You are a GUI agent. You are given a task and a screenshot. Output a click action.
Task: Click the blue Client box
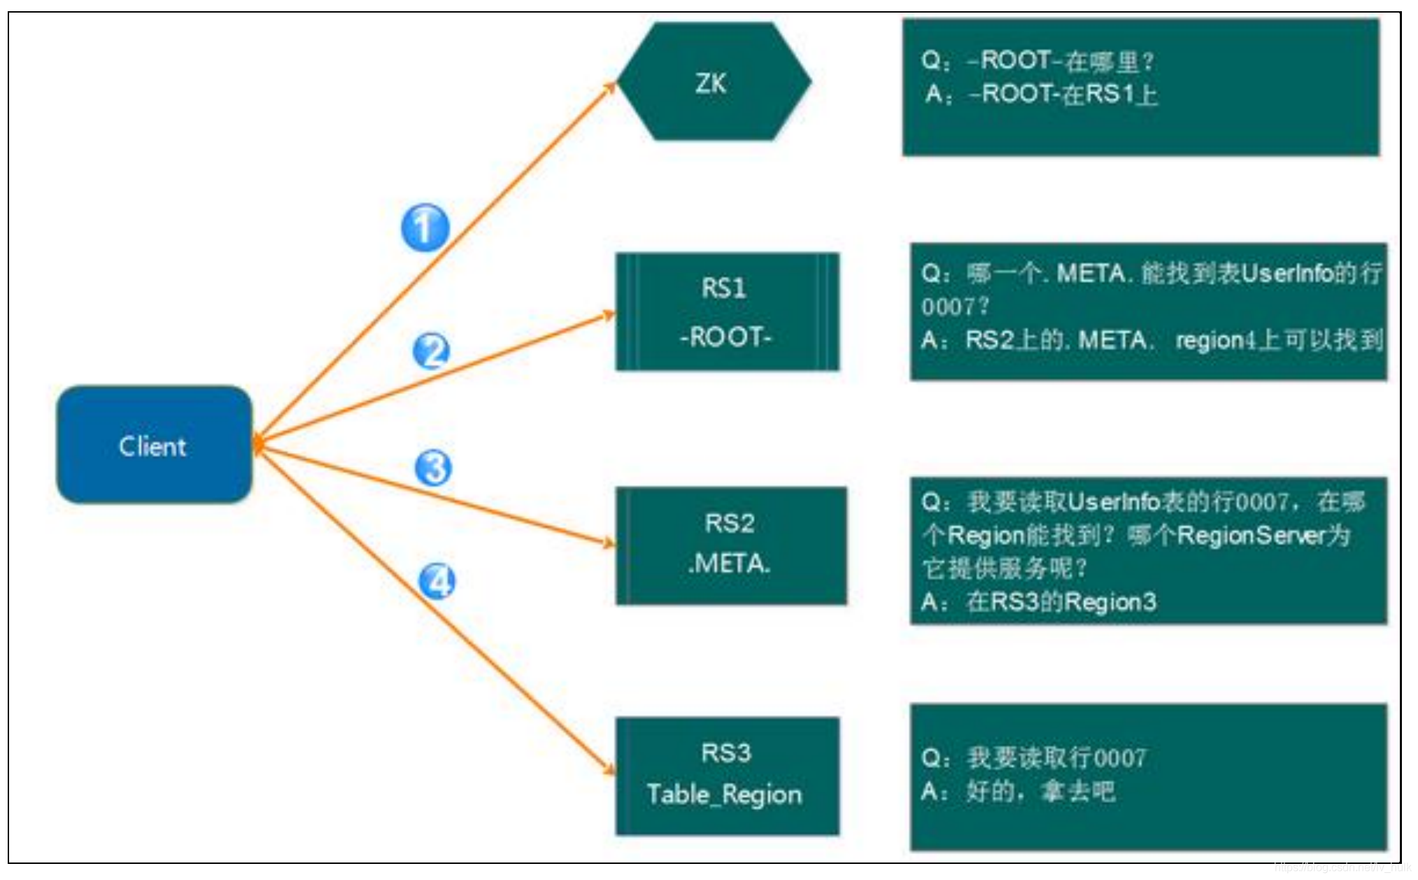click(154, 445)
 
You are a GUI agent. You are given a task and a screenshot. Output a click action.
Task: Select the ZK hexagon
click(712, 82)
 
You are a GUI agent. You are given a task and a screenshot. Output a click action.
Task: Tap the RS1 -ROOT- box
click(726, 312)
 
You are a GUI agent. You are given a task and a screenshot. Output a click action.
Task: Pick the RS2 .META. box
click(730, 545)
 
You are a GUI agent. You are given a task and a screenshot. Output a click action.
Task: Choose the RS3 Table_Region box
click(726, 776)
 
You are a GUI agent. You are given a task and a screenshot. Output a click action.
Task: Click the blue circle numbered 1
click(425, 228)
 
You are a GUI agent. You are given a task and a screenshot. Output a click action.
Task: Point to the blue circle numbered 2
click(431, 351)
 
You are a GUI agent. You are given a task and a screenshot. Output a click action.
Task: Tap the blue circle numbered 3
click(434, 468)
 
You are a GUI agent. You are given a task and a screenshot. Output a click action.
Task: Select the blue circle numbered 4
click(437, 581)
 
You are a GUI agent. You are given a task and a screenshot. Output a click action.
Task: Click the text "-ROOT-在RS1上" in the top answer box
click(1063, 94)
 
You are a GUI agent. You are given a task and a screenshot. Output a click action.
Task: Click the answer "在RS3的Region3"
click(1061, 602)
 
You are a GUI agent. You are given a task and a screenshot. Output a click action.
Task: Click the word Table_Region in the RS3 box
click(724, 795)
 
